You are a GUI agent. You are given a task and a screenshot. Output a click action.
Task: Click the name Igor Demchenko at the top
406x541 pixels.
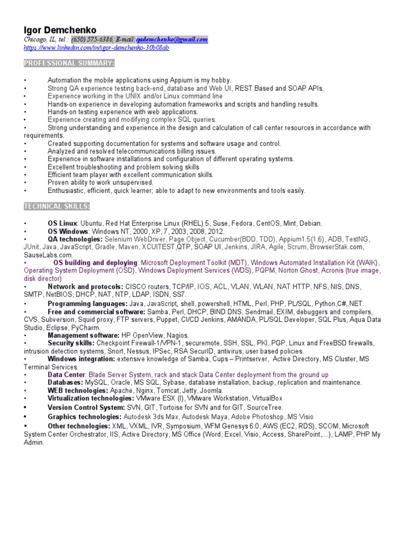coord(59,30)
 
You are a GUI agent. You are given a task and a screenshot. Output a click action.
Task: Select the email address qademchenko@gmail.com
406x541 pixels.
coord(172,40)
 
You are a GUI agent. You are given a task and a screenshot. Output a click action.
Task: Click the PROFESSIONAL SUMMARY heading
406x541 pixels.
coord(69,63)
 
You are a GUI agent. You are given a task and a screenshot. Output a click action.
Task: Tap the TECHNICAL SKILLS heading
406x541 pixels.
coord(57,206)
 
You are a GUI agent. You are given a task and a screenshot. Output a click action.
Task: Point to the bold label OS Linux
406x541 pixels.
coord(62,223)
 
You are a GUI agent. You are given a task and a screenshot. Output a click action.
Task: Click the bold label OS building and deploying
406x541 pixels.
coord(95,263)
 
